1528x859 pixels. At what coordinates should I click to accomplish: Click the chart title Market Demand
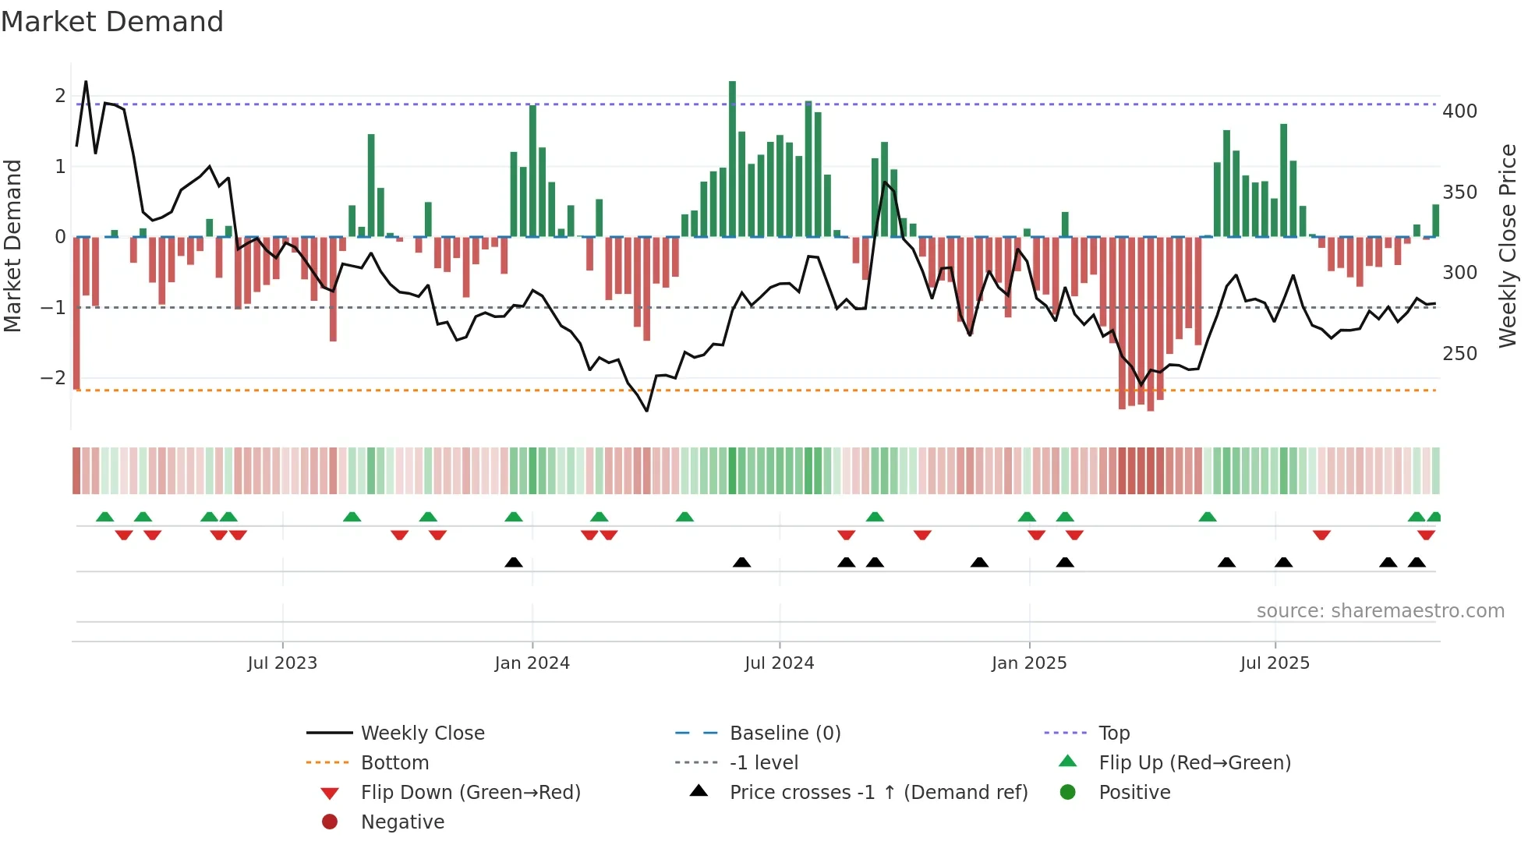point(112,22)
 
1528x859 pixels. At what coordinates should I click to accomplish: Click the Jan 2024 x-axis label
point(532,663)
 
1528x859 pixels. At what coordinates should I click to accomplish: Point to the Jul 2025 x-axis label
point(1275,663)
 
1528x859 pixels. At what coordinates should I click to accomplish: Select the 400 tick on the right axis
point(1459,111)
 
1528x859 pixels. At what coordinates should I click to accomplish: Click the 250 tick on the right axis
point(1459,354)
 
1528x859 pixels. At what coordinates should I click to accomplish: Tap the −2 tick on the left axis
point(54,378)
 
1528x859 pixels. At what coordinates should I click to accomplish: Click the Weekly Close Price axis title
point(1508,246)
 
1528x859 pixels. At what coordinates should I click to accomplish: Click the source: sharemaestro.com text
point(1380,611)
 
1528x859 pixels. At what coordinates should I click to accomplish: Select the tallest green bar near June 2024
point(732,156)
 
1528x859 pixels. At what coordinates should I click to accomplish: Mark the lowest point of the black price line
point(647,411)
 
